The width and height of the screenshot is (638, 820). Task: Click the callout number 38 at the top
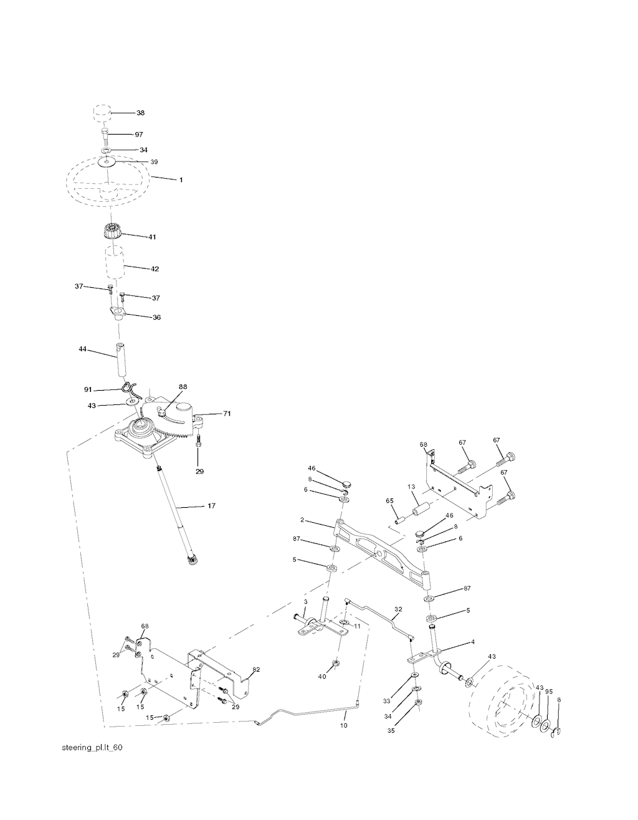coord(140,113)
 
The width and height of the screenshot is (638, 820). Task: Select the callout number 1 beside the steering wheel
coord(181,180)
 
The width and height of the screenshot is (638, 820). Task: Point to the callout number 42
coord(155,269)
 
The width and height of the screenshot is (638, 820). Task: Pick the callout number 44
coord(82,350)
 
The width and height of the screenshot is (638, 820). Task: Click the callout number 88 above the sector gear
coord(183,387)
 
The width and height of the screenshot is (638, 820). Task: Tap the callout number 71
coord(227,413)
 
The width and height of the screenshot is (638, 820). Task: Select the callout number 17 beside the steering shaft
coord(211,506)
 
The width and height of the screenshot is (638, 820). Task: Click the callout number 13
coord(411,487)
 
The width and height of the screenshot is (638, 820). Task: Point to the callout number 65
coord(389,500)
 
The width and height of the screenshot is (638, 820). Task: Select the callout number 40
coord(321,676)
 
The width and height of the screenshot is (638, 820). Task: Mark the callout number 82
coord(255,670)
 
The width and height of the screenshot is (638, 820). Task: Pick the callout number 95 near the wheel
coord(549,692)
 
